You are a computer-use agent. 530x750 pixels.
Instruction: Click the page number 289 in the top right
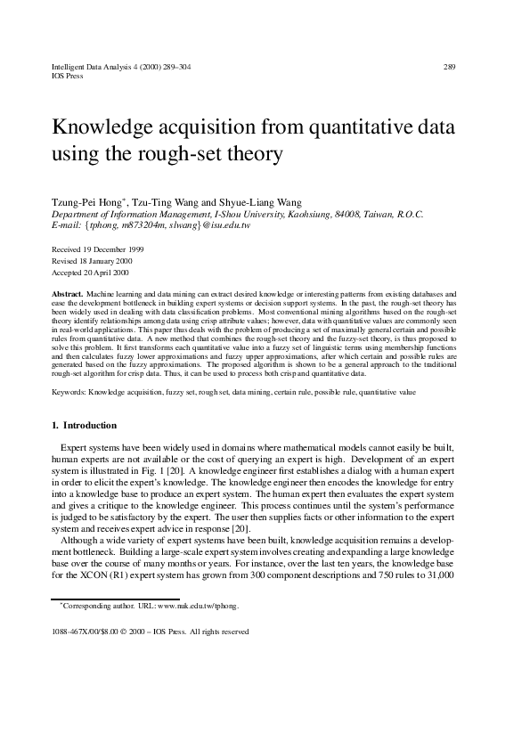point(449,67)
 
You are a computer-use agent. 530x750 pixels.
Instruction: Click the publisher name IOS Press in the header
point(67,76)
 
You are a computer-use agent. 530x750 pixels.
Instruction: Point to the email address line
point(151,225)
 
